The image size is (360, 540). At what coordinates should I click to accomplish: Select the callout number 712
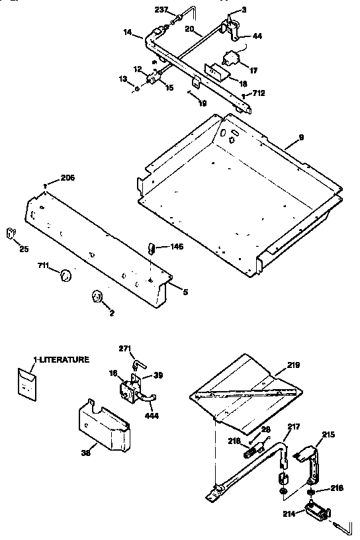pos(258,93)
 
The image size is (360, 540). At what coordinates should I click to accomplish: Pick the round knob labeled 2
pos(97,298)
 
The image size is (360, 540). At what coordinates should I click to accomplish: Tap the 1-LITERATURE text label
pos(62,359)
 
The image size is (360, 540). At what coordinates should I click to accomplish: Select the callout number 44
pos(256,36)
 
